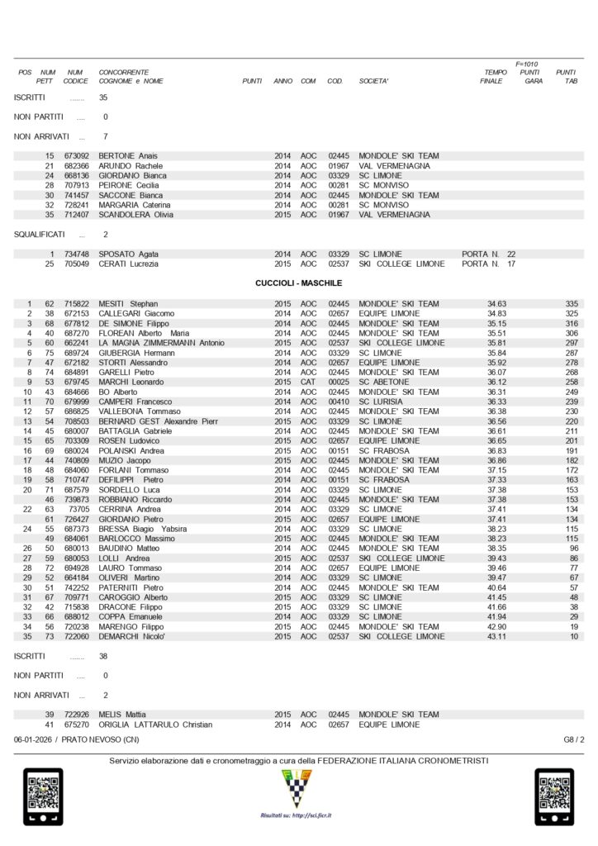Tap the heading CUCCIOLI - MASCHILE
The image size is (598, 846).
pos(298,283)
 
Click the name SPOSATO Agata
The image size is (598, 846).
pos(129,254)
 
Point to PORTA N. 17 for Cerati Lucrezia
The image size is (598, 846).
pos(489,264)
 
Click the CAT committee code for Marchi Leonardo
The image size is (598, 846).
pos(308,382)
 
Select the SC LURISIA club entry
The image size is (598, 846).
pos(381,402)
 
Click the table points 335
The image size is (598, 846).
pos(572,304)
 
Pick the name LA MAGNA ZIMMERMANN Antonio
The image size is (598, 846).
pos(161,343)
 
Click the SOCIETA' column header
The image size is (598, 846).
pos(373,81)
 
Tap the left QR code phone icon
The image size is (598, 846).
pos(42,796)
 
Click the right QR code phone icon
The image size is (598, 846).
pos(554,796)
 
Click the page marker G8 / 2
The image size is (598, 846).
pos(573,739)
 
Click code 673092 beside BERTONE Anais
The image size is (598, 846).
pos(76,156)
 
